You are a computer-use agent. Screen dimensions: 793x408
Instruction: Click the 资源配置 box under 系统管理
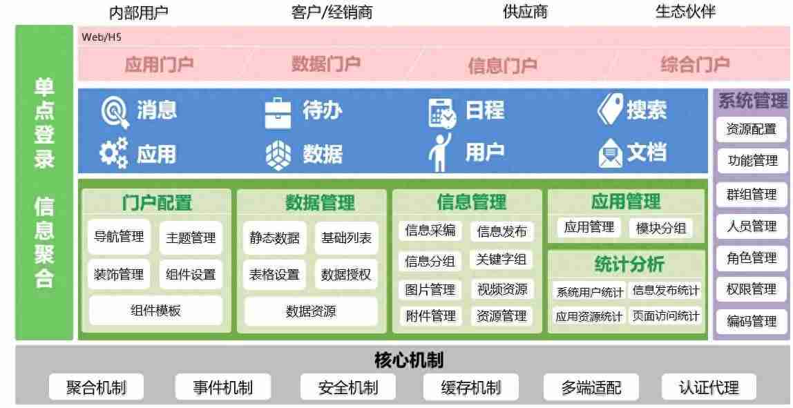(751, 129)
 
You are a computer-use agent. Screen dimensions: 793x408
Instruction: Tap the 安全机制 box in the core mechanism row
(348, 387)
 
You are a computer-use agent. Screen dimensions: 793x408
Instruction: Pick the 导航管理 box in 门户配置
(119, 237)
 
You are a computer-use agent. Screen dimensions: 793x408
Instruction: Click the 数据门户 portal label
(326, 64)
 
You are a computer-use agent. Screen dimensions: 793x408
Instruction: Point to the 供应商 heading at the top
(526, 12)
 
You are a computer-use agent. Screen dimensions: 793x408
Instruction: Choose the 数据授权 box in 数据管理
(346, 275)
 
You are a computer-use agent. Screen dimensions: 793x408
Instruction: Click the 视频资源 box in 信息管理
(501, 289)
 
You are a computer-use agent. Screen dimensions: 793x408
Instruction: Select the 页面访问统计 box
(666, 316)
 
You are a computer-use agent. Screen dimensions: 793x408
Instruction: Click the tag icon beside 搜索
(610, 108)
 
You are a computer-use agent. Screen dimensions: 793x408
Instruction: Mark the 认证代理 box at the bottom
(709, 387)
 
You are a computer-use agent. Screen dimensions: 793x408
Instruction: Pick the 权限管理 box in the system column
(751, 289)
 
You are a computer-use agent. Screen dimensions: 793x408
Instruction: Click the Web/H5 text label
(102, 37)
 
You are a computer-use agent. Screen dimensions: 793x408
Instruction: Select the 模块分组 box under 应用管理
(660, 228)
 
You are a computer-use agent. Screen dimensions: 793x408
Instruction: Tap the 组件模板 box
(155, 311)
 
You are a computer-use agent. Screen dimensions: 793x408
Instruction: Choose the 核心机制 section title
(409, 360)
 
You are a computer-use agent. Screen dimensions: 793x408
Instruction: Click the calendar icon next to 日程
(442, 113)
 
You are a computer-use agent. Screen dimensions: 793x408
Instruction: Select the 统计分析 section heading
(629, 264)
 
